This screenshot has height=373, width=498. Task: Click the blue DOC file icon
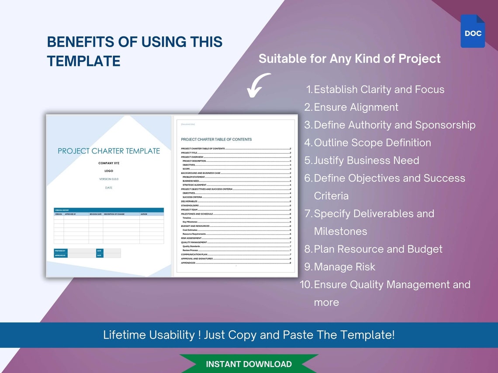(x=473, y=31)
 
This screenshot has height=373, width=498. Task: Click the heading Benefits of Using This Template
(x=135, y=51)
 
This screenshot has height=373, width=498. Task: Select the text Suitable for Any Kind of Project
(x=349, y=58)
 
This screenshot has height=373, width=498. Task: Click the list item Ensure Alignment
(x=356, y=107)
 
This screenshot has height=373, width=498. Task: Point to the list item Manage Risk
(x=345, y=267)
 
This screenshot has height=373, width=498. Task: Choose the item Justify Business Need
(x=367, y=161)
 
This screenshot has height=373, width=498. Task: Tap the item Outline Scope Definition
(x=372, y=143)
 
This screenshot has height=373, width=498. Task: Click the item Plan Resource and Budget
(x=378, y=249)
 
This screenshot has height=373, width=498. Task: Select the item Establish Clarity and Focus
(x=379, y=89)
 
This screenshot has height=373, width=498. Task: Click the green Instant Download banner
(x=249, y=364)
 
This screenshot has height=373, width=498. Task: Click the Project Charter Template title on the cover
(x=109, y=151)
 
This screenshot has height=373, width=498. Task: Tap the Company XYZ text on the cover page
(x=108, y=163)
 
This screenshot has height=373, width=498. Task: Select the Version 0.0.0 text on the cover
(x=108, y=179)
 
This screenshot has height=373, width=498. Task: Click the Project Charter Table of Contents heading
(x=216, y=140)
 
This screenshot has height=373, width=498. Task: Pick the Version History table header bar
(x=109, y=210)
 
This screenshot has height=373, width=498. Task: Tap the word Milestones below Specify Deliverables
(x=340, y=232)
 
